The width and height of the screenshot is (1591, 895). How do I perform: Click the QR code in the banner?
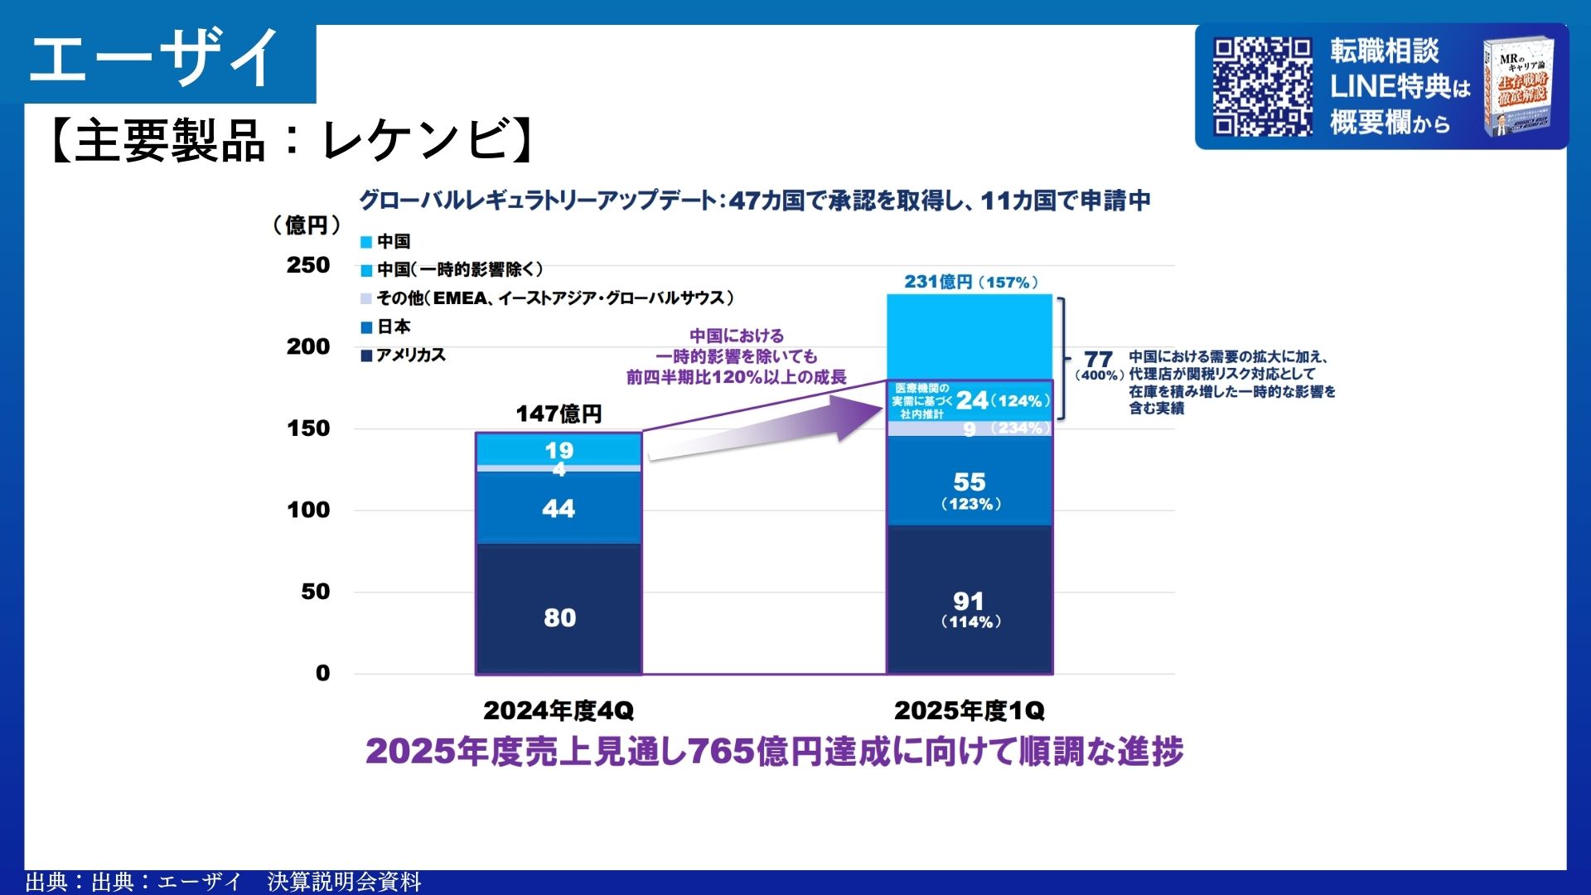(1262, 86)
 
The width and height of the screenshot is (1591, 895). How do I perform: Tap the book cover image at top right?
(1519, 86)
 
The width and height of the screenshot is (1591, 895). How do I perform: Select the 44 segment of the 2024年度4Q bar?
(559, 508)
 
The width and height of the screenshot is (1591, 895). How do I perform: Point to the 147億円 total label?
(559, 414)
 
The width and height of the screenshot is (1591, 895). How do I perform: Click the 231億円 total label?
(970, 282)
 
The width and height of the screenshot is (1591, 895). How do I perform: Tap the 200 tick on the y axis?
(308, 346)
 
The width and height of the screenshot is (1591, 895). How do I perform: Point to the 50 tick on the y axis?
(315, 592)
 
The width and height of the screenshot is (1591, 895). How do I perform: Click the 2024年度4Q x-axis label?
(559, 710)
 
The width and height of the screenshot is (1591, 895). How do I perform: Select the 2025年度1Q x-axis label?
(970, 710)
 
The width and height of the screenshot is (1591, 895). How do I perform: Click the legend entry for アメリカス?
(404, 356)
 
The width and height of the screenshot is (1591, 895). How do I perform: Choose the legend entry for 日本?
(386, 327)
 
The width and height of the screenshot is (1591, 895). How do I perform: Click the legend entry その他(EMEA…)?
(547, 298)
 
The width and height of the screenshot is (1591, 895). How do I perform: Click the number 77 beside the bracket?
(1098, 359)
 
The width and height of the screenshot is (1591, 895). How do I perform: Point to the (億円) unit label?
(307, 225)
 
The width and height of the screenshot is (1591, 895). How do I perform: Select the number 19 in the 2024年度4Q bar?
(559, 450)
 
